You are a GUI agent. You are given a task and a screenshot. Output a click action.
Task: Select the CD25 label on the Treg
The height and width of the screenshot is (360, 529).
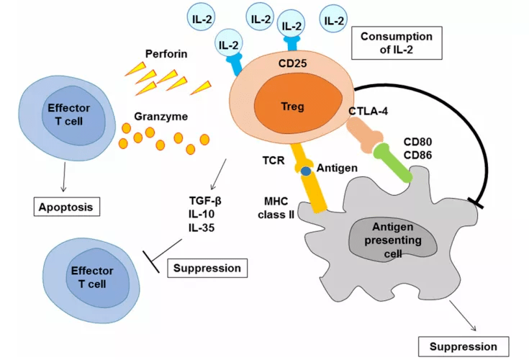tap(293, 63)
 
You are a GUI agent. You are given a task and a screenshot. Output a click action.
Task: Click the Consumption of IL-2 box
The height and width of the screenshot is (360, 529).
tap(396, 44)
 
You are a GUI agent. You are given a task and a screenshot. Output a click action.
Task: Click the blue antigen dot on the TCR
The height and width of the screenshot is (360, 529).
tap(305, 171)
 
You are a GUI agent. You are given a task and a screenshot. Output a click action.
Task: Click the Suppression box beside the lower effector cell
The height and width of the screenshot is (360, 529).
tap(207, 269)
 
